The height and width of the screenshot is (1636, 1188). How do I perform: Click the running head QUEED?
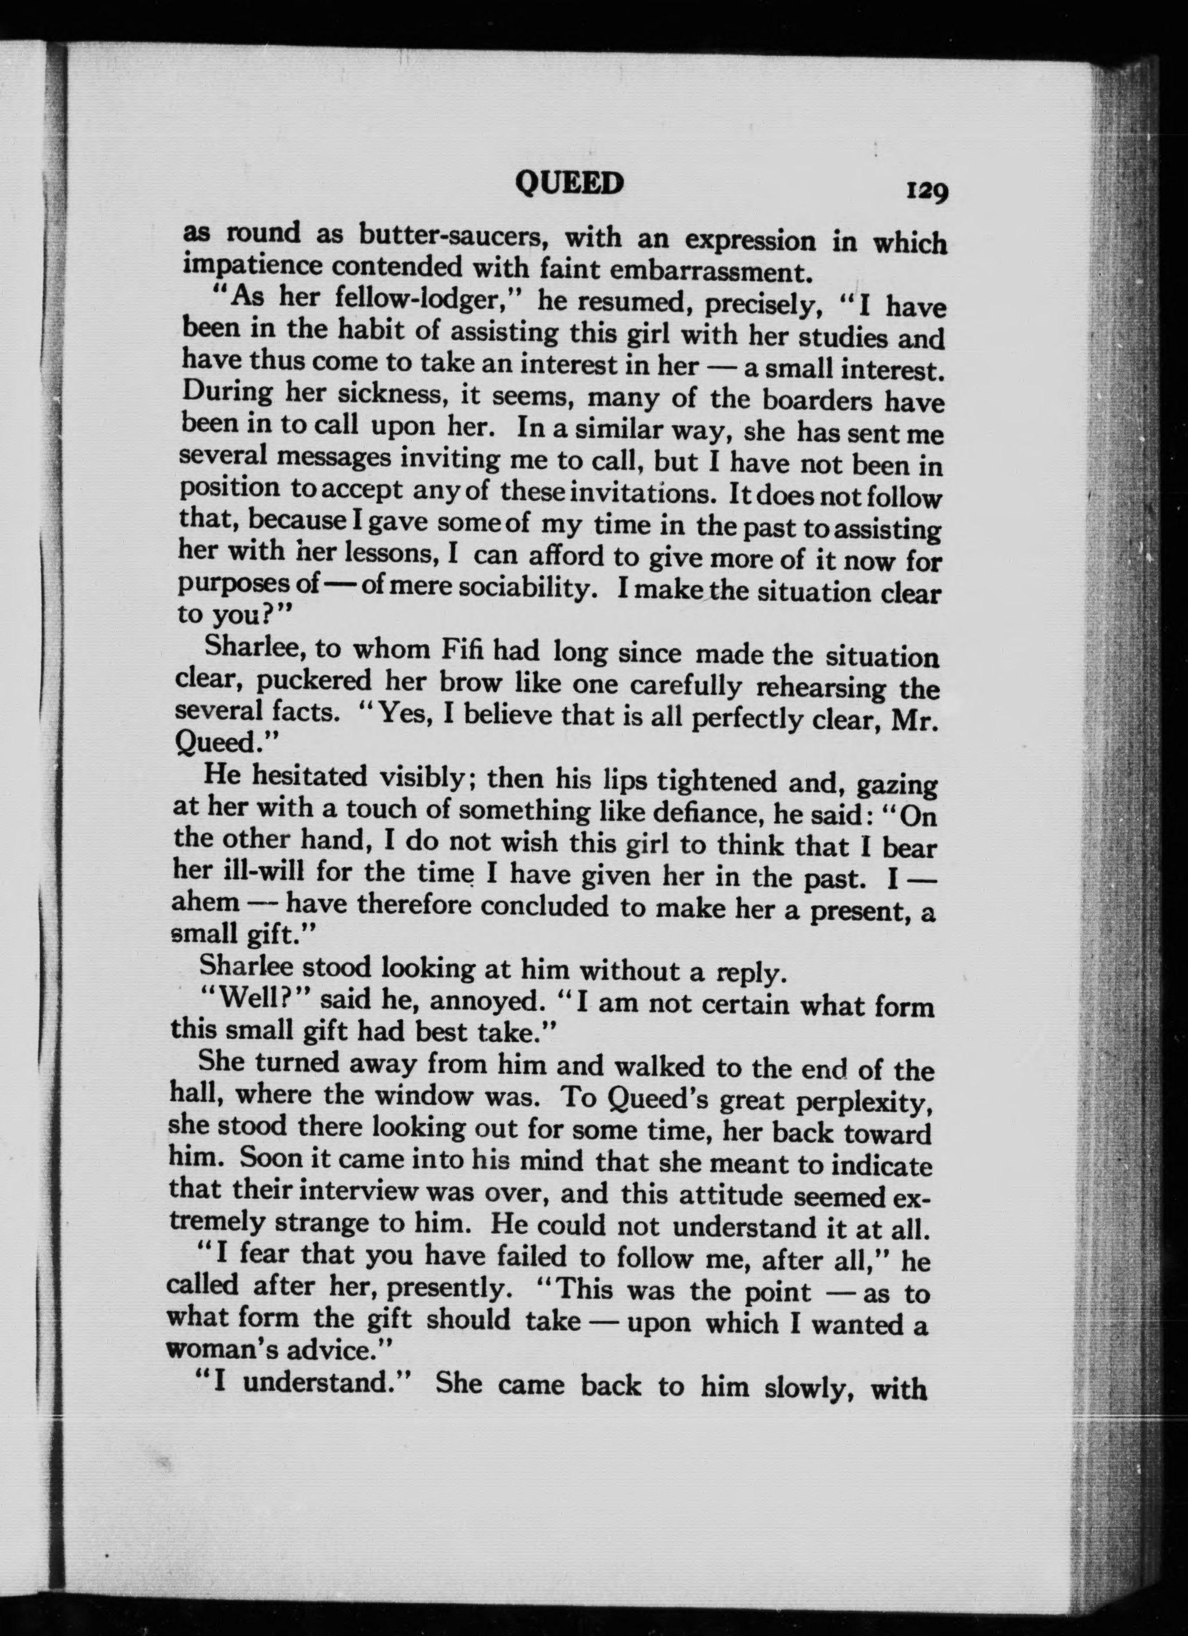569,184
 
